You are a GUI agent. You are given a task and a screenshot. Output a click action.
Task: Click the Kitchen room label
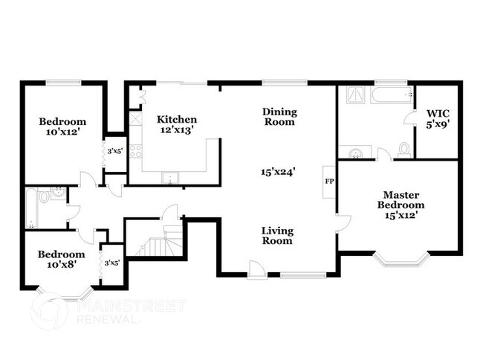[177, 119]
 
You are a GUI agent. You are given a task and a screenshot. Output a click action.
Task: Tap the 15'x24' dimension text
[279, 171]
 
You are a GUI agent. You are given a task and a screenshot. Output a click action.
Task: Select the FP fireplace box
[328, 181]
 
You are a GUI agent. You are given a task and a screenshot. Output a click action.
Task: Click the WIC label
[437, 114]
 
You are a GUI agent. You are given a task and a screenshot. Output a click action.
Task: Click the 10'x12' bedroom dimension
[62, 132]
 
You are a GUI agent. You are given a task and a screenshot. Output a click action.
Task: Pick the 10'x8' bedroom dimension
[58, 263]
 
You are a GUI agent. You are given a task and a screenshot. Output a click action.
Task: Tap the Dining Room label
[279, 117]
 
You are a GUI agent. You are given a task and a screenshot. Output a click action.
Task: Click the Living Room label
[276, 235]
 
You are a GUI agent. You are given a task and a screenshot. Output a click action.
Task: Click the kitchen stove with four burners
[136, 151]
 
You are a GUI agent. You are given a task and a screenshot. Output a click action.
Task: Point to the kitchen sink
[171, 178]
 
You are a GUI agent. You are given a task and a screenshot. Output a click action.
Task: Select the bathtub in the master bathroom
[389, 94]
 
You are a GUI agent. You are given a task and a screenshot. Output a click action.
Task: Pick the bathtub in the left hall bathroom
[30, 208]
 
